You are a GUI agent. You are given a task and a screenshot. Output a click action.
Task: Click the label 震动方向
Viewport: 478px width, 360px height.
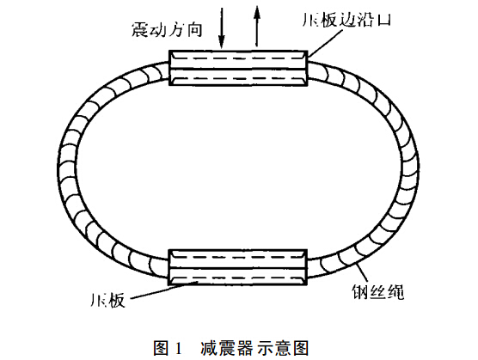(167, 30)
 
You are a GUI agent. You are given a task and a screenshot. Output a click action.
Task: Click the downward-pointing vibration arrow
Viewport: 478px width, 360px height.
(222, 28)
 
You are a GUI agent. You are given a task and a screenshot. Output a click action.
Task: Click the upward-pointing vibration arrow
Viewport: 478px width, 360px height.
(257, 26)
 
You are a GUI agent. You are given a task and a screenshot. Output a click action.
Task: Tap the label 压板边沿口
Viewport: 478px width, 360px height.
(346, 20)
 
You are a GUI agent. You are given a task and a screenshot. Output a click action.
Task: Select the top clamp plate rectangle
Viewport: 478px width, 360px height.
(238, 68)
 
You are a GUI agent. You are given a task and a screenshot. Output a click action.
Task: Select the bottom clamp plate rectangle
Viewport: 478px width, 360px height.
(238, 267)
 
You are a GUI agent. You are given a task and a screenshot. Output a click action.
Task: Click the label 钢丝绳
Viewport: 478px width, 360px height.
(378, 292)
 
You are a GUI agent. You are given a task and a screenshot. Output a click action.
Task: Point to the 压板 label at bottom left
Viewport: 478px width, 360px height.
(108, 300)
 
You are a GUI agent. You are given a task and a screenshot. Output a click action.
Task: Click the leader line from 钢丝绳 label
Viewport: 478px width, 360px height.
(363, 273)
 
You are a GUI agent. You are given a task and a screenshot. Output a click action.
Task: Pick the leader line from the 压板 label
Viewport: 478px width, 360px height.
(165, 290)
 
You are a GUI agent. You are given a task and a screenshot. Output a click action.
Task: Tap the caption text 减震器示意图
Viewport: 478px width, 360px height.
(254, 348)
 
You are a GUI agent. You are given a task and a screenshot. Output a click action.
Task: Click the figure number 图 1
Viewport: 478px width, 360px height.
(168, 348)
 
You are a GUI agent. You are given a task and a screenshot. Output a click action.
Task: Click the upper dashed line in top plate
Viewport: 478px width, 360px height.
(238, 58)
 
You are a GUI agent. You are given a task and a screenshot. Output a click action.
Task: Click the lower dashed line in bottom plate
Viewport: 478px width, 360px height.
(238, 278)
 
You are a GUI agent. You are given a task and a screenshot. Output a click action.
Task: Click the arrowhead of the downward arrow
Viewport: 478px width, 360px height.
(222, 43)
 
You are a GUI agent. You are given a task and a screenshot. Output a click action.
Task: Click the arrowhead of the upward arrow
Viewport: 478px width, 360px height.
(257, 12)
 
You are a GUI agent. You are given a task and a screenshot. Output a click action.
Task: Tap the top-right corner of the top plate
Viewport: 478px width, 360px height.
(308, 51)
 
